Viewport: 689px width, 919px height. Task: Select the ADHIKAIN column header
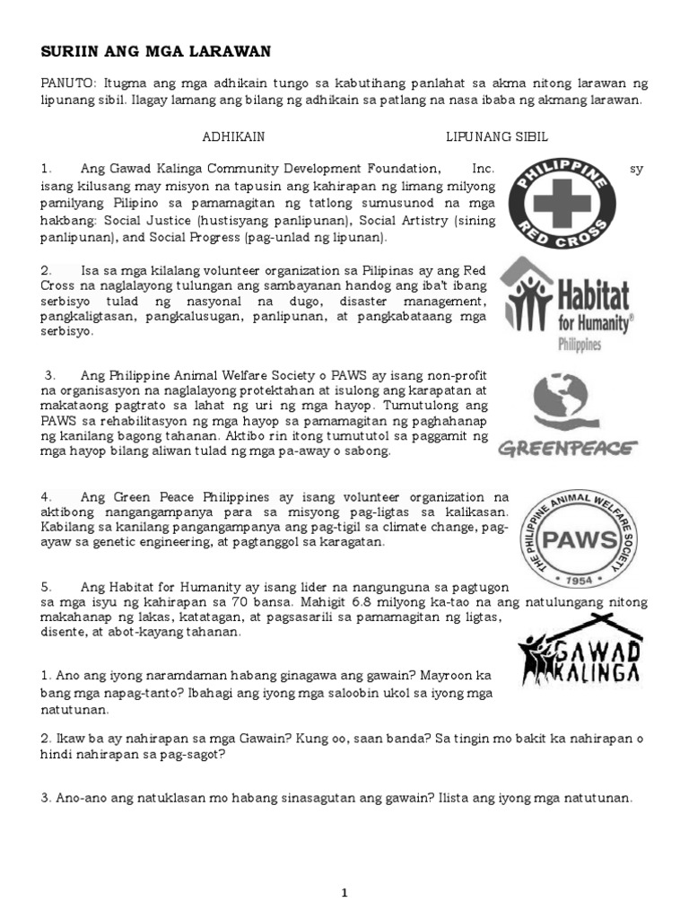[233, 136]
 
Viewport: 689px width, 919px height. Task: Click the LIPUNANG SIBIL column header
[497, 136]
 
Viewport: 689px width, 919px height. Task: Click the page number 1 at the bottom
[344, 892]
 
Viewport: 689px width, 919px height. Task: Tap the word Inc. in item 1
[483, 168]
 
